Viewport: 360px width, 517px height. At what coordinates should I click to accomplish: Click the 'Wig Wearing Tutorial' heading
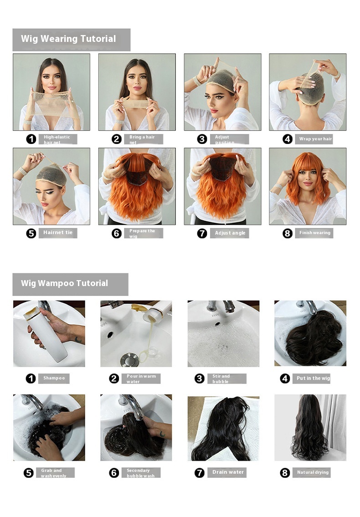tap(68, 39)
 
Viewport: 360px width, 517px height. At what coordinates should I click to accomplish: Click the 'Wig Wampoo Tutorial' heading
tap(64, 283)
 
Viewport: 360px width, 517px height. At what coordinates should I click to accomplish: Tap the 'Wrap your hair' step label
tap(315, 139)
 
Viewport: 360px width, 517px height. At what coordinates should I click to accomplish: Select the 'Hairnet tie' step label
tap(58, 233)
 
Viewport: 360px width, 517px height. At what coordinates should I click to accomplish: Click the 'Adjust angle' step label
tap(230, 233)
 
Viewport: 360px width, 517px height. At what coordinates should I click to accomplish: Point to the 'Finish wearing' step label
tap(314, 233)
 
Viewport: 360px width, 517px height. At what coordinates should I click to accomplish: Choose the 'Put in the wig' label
tap(313, 379)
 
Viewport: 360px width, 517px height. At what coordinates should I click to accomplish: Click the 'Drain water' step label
tap(228, 472)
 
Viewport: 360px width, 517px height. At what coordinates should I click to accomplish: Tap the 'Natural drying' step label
tap(312, 472)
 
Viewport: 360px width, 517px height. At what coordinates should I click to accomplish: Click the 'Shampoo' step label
tap(54, 378)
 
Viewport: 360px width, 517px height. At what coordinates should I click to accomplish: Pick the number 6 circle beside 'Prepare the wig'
tap(117, 233)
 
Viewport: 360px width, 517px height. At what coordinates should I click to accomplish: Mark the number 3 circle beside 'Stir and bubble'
tap(199, 379)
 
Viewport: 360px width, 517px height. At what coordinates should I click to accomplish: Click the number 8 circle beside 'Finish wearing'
tap(287, 233)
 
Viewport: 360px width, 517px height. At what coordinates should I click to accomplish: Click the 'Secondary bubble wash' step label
tap(141, 473)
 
